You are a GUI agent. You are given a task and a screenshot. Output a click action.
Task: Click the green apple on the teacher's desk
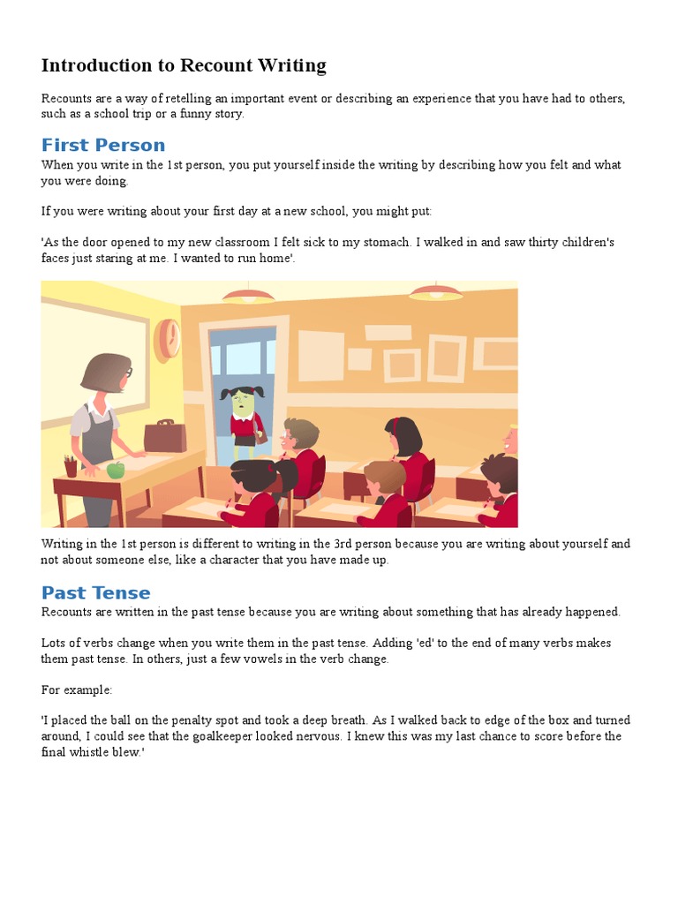click(x=116, y=470)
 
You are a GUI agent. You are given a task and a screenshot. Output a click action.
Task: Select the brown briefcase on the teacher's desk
click(x=165, y=435)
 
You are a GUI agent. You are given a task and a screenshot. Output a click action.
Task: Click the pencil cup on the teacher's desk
click(x=71, y=465)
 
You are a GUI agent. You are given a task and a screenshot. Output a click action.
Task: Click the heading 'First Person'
click(x=103, y=145)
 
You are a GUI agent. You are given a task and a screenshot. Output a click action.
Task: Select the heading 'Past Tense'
click(x=96, y=592)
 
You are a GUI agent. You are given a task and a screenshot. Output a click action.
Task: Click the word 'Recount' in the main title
click(x=212, y=65)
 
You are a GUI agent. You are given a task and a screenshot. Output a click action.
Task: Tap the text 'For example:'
click(x=77, y=689)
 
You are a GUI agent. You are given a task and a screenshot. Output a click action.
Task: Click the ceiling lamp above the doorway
click(x=248, y=296)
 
